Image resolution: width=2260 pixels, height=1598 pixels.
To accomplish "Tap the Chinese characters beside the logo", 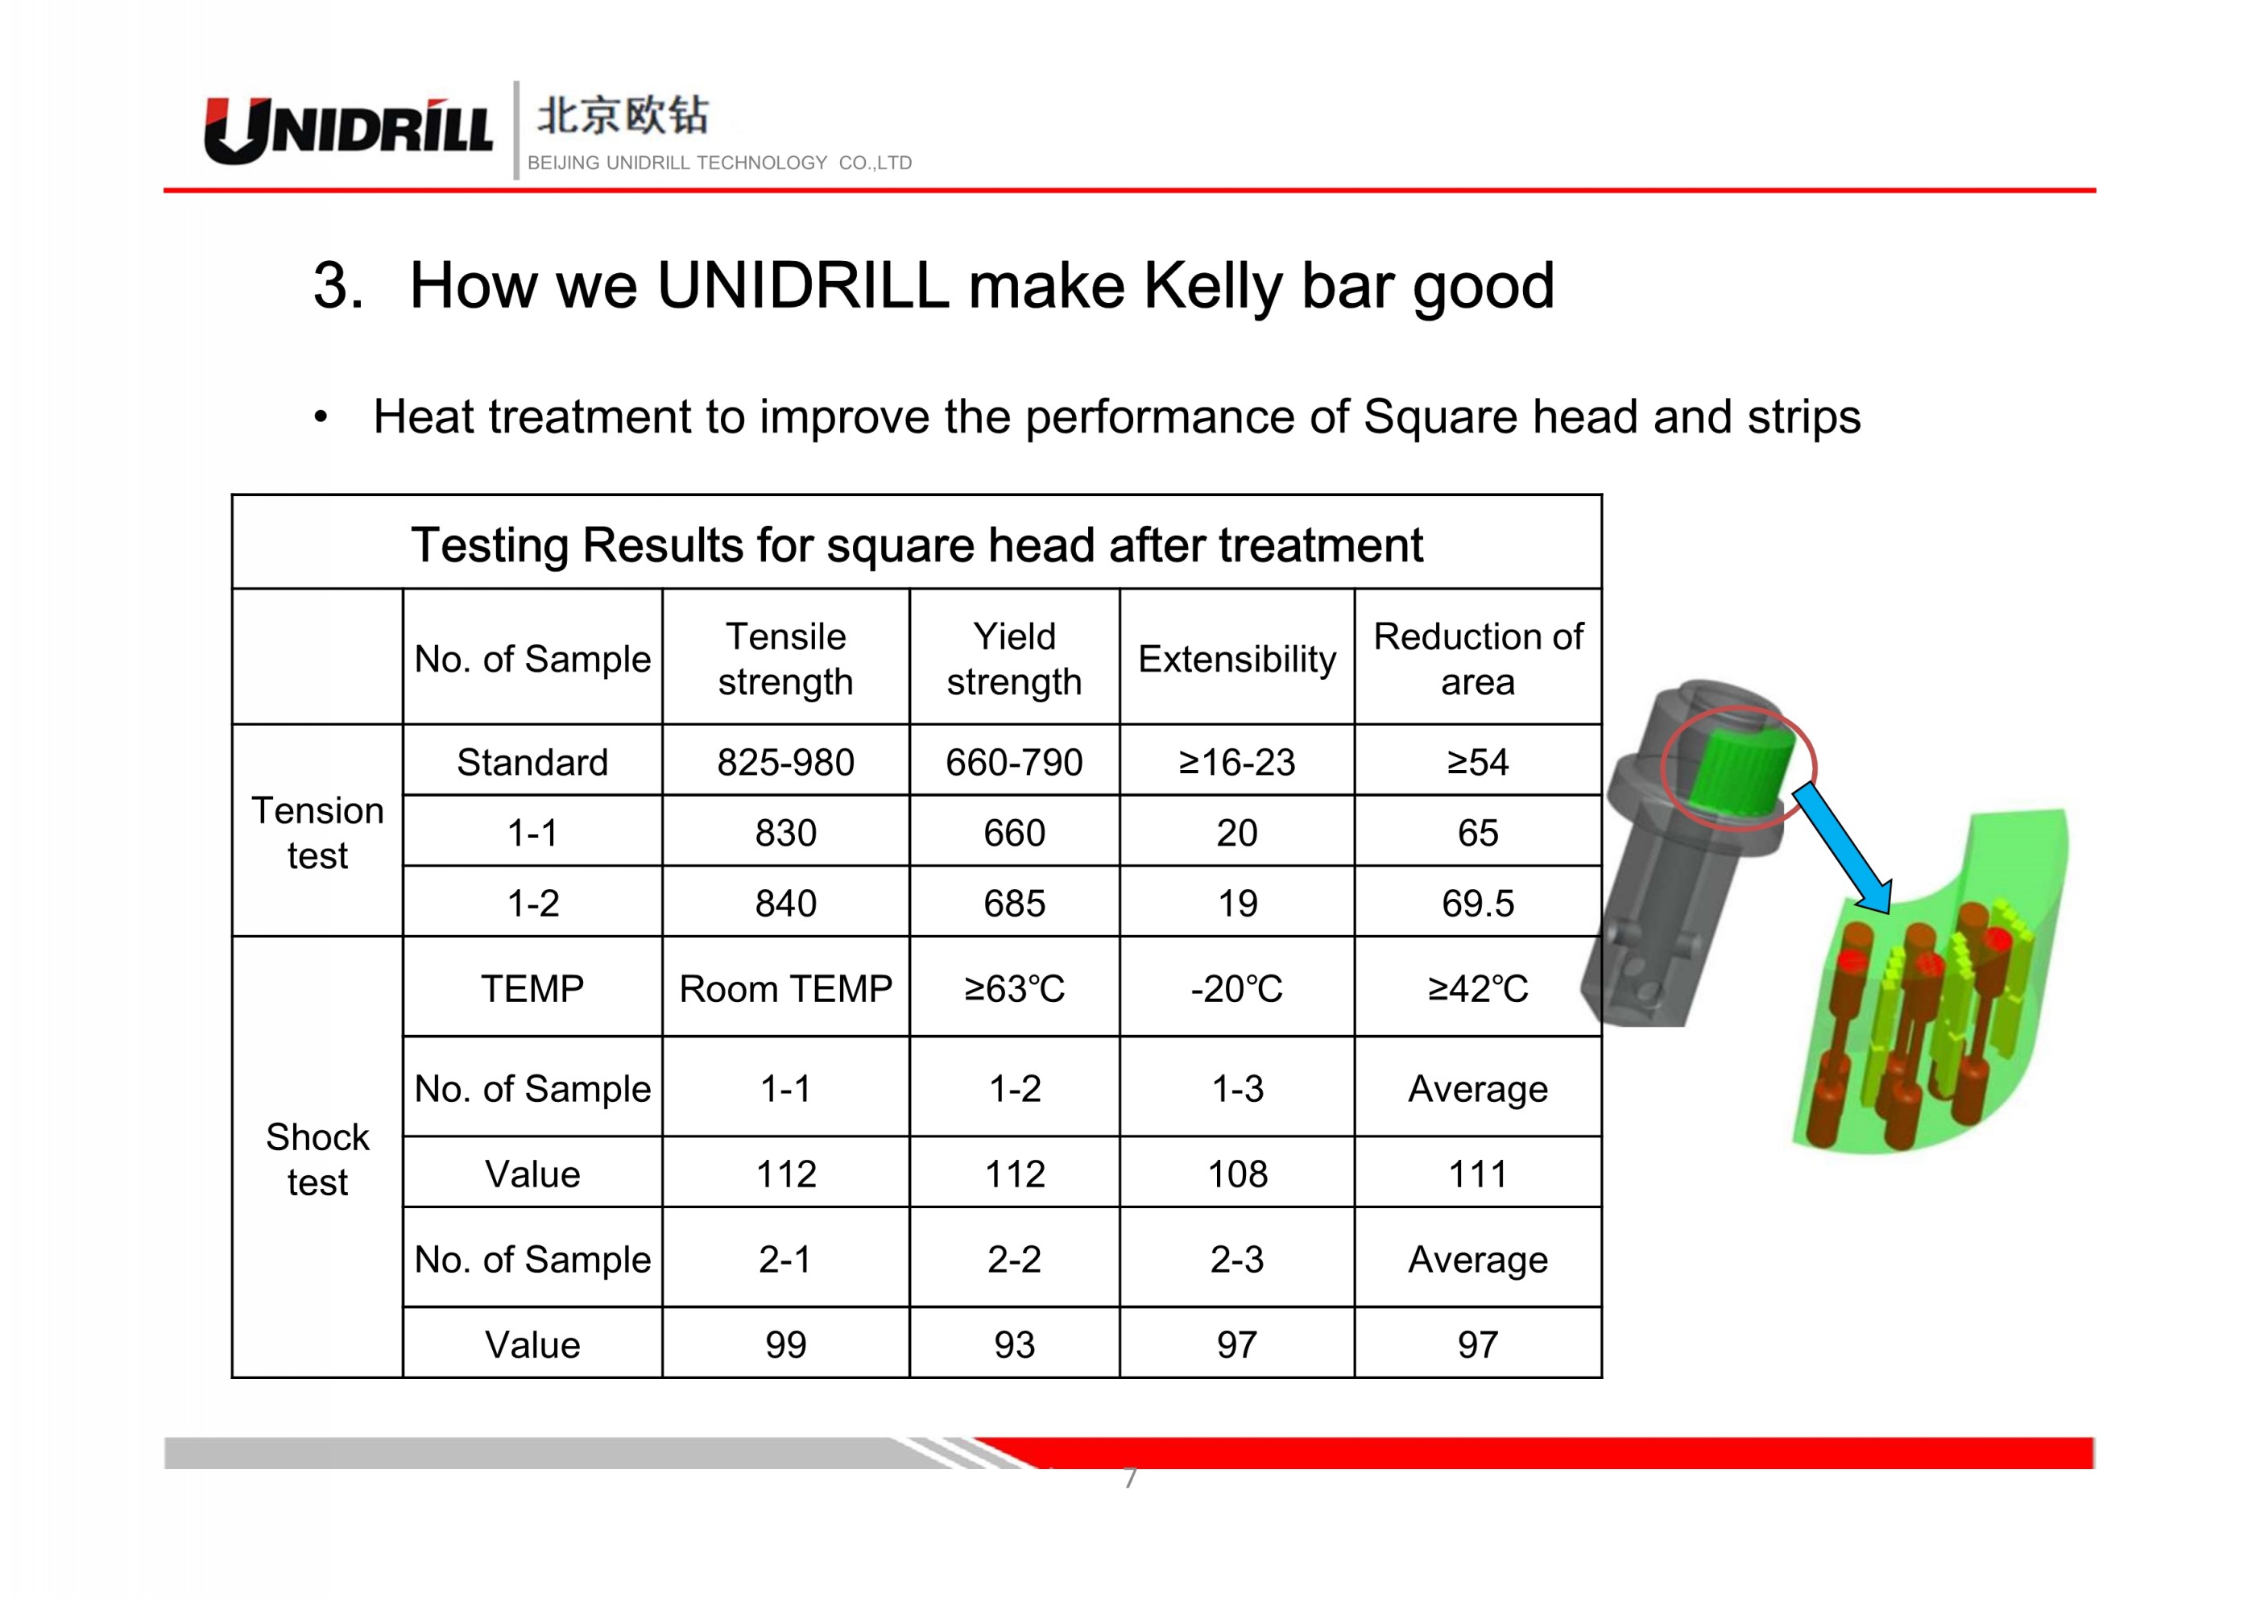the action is tap(622, 115).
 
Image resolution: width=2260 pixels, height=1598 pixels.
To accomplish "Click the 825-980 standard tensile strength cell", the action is tap(785, 762).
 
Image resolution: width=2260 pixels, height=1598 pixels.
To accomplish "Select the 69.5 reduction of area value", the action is tap(1477, 903).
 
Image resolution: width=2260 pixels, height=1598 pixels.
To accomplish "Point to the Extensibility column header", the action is tap(1237, 659).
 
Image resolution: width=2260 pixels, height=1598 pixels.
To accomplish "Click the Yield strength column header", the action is tap(1014, 659).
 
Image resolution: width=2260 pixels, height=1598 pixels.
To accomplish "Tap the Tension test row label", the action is tap(317, 832).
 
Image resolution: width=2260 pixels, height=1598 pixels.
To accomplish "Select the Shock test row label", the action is tap(317, 1159).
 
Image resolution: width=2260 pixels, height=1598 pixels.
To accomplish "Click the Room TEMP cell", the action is tap(785, 988).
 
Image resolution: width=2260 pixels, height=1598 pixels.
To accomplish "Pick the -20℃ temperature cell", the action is tap(1237, 988).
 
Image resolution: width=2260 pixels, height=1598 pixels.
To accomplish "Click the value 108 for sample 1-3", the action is tap(1237, 1174).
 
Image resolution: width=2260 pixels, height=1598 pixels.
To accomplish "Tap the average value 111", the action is tap(1477, 1174).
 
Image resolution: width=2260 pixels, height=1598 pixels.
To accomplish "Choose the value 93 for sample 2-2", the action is tap(1014, 1344).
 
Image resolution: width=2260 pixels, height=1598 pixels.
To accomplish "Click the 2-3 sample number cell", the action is tap(1237, 1259).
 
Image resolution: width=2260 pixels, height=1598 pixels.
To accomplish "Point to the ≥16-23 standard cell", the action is tap(1237, 762).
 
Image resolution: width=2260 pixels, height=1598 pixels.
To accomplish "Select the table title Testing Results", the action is tap(917, 544).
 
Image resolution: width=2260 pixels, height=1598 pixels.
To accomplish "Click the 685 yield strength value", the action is tap(1014, 903).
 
